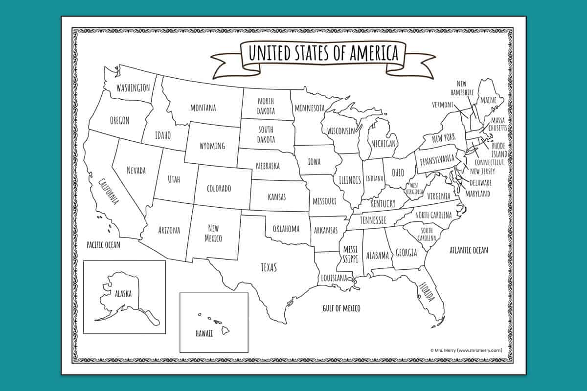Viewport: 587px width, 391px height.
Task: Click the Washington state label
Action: tap(133, 88)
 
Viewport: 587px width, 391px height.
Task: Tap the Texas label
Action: tap(268, 267)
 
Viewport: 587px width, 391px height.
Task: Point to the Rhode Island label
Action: tap(499, 150)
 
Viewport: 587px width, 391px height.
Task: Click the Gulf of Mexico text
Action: tap(341, 308)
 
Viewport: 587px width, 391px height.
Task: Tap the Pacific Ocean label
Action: tap(103, 244)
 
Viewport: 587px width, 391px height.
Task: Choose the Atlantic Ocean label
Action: tap(469, 250)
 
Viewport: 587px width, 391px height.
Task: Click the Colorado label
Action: tap(219, 188)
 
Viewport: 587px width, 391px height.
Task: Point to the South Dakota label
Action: tap(267, 135)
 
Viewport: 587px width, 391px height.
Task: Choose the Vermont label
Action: tap(443, 105)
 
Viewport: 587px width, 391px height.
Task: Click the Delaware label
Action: tap(480, 183)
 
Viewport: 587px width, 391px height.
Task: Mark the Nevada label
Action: tap(136, 170)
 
